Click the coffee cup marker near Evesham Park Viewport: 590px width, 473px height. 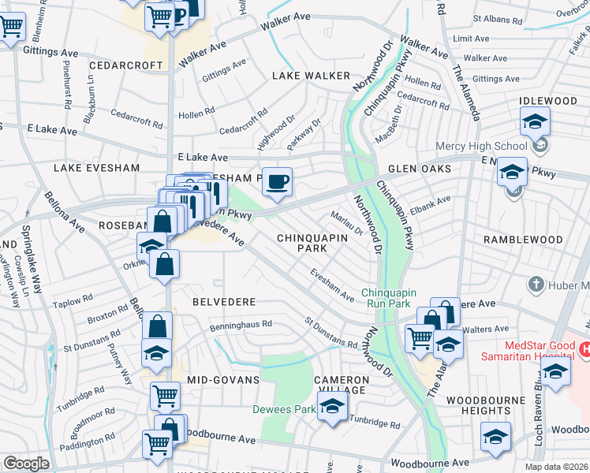pyautogui.click(x=276, y=182)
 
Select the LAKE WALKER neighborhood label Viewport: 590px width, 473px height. pyautogui.click(x=311, y=76)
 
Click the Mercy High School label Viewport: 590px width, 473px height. pyautogui.click(x=481, y=146)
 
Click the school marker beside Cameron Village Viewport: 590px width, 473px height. pyautogui.click(x=332, y=408)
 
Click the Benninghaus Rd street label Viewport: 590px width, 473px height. pyautogui.click(x=241, y=324)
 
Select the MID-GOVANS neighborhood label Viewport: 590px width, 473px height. pyautogui.click(x=223, y=380)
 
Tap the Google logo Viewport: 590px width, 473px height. pyautogui.click(x=26, y=463)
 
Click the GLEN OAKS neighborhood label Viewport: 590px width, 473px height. pyautogui.click(x=419, y=169)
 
